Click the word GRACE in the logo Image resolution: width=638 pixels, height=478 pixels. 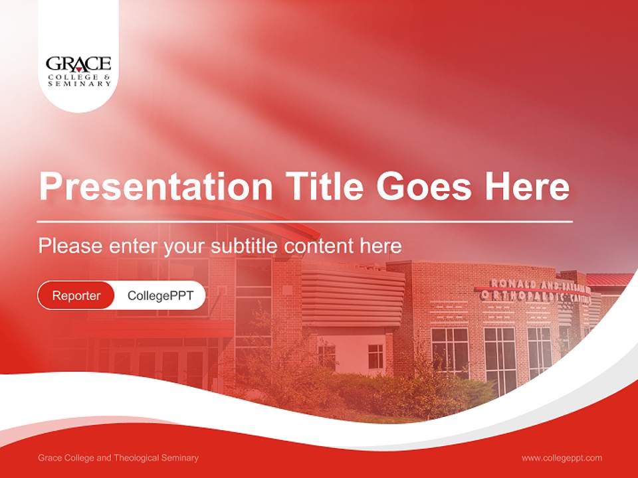coord(78,64)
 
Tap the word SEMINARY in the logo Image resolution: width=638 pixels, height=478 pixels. coord(79,84)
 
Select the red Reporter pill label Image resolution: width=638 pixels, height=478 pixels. coord(76,295)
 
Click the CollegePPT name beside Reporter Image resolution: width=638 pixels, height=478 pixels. coord(160,295)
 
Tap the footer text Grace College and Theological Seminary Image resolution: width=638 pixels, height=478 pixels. coord(118,458)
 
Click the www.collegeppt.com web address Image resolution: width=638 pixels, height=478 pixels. coord(562,458)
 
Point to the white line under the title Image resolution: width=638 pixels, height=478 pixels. coord(305,221)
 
